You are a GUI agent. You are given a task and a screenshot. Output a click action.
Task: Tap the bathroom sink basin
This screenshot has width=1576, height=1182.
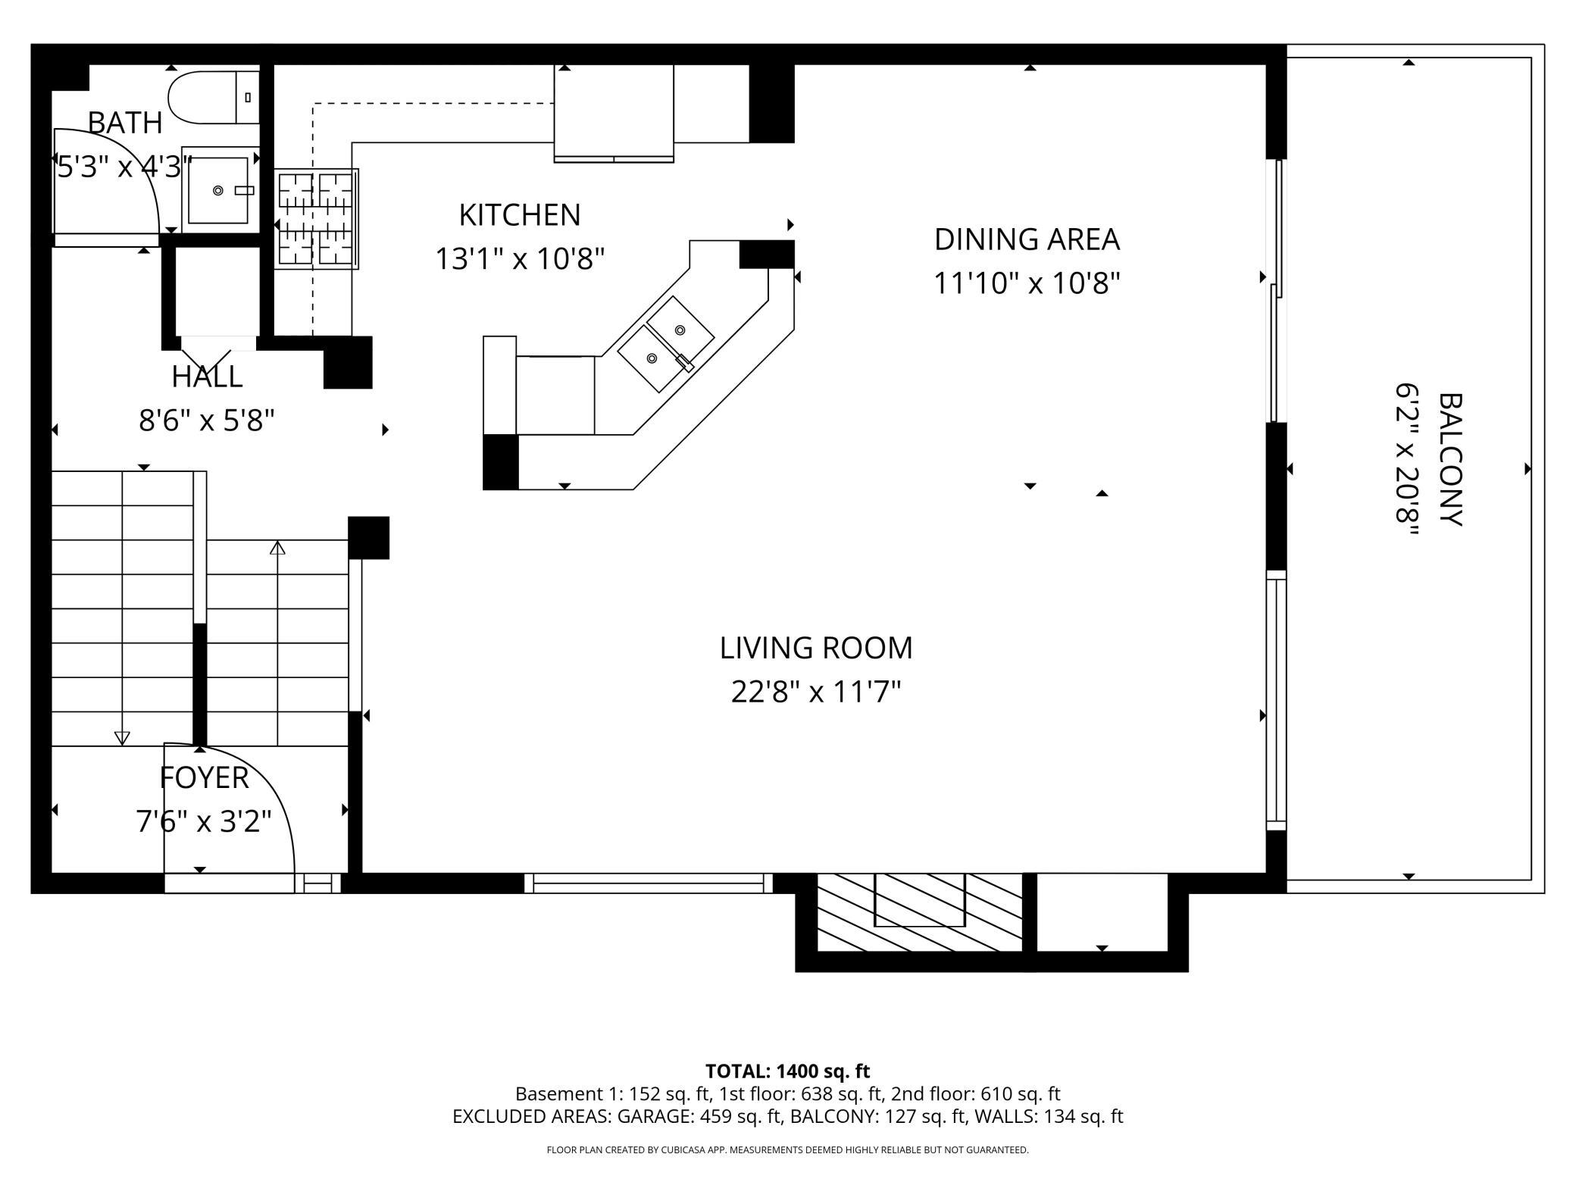point(218,191)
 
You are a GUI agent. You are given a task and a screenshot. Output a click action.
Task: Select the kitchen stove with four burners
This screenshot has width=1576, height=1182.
point(317,219)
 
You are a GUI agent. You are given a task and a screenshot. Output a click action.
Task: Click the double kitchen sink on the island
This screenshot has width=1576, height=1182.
point(666,344)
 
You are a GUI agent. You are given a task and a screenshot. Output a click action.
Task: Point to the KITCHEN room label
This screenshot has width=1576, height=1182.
point(520,215)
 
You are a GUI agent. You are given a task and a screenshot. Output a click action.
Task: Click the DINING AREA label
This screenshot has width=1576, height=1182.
point(1027,239)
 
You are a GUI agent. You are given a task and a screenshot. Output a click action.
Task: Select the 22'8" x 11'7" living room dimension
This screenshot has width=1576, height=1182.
point(816,692)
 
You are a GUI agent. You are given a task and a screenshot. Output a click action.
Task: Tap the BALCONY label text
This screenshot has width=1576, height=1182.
point(1448,459)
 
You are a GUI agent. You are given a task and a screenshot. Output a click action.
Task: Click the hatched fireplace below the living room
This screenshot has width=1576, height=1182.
point(920,912)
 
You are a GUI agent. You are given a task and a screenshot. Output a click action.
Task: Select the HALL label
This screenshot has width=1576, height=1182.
point(207,377)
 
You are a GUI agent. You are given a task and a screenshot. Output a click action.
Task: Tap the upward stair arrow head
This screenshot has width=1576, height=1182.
point(277,547)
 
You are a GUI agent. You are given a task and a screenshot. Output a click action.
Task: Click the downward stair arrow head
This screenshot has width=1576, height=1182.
point(122,737)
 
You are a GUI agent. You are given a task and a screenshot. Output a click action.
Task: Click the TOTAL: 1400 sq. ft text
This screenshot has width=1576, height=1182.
point(787,1071)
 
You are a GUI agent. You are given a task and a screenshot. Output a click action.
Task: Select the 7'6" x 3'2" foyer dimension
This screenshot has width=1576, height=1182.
point(204,821)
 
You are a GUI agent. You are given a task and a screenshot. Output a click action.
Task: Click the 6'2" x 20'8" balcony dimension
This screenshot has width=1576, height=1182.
point(1407,459)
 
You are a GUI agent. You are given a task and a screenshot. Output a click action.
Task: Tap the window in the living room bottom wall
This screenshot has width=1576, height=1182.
point(648,883)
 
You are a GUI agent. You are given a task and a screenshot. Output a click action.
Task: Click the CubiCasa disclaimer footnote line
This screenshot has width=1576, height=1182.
point(787,1150)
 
